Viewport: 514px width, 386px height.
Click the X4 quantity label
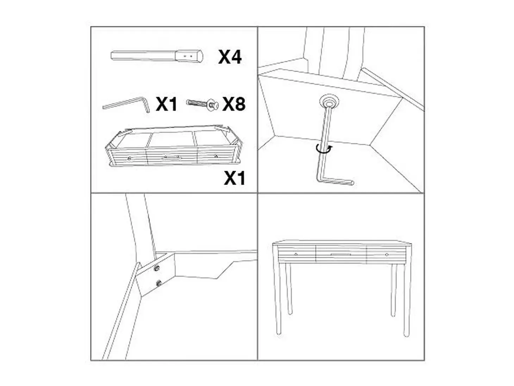point(230,57)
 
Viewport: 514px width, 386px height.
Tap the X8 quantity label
point(234,104)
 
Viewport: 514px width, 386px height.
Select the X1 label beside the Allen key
point(166,104)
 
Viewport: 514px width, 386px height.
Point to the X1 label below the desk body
point(234,178)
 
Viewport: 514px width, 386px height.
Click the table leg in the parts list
point(157,56)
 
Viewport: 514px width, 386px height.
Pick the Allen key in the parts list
point(126,105)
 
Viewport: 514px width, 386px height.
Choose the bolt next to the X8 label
point(202,104)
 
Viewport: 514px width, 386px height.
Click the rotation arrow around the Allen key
point(324,149)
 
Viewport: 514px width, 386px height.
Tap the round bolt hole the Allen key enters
point(329,101)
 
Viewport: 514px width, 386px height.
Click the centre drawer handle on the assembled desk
point(341,254)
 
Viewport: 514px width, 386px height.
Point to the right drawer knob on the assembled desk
point(387,254)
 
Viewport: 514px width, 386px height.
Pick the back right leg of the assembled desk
point(394,290)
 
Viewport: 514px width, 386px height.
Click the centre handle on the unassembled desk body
point(171,158)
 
